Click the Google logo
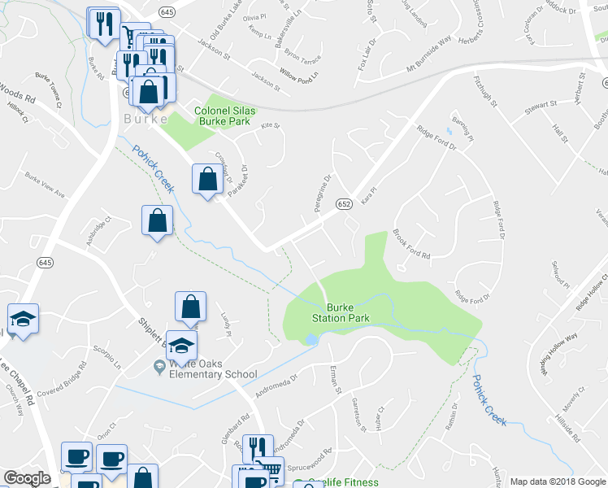(27, 478)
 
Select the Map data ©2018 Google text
(558, 481)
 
